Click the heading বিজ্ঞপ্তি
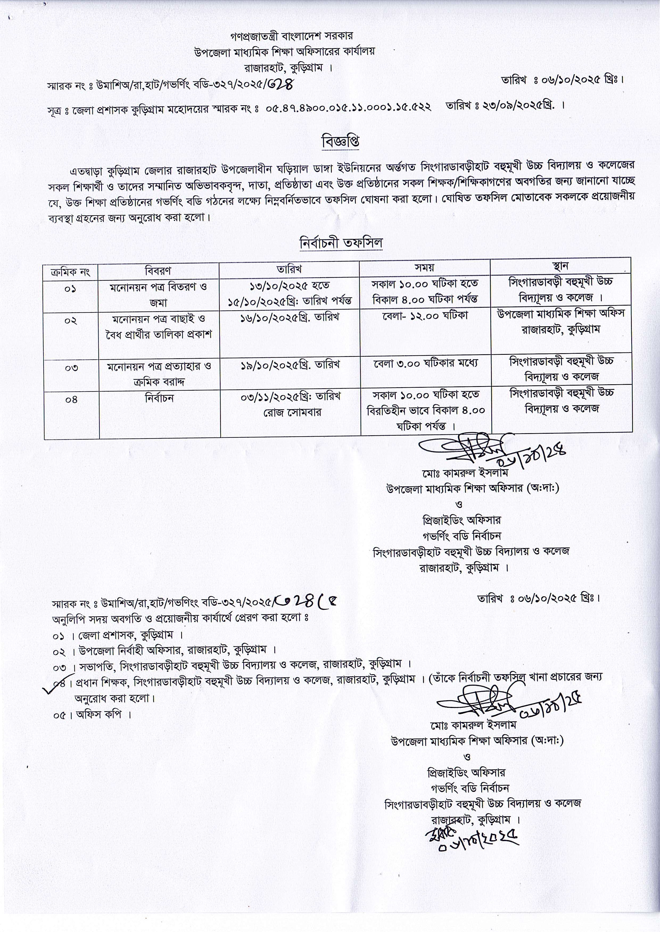tap(341, 142)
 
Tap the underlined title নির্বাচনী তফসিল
tap(341, 243)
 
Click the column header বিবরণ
tap(158, 270)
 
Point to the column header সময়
tap(424, 268)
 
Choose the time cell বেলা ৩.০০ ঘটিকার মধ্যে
tap(426, 362)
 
